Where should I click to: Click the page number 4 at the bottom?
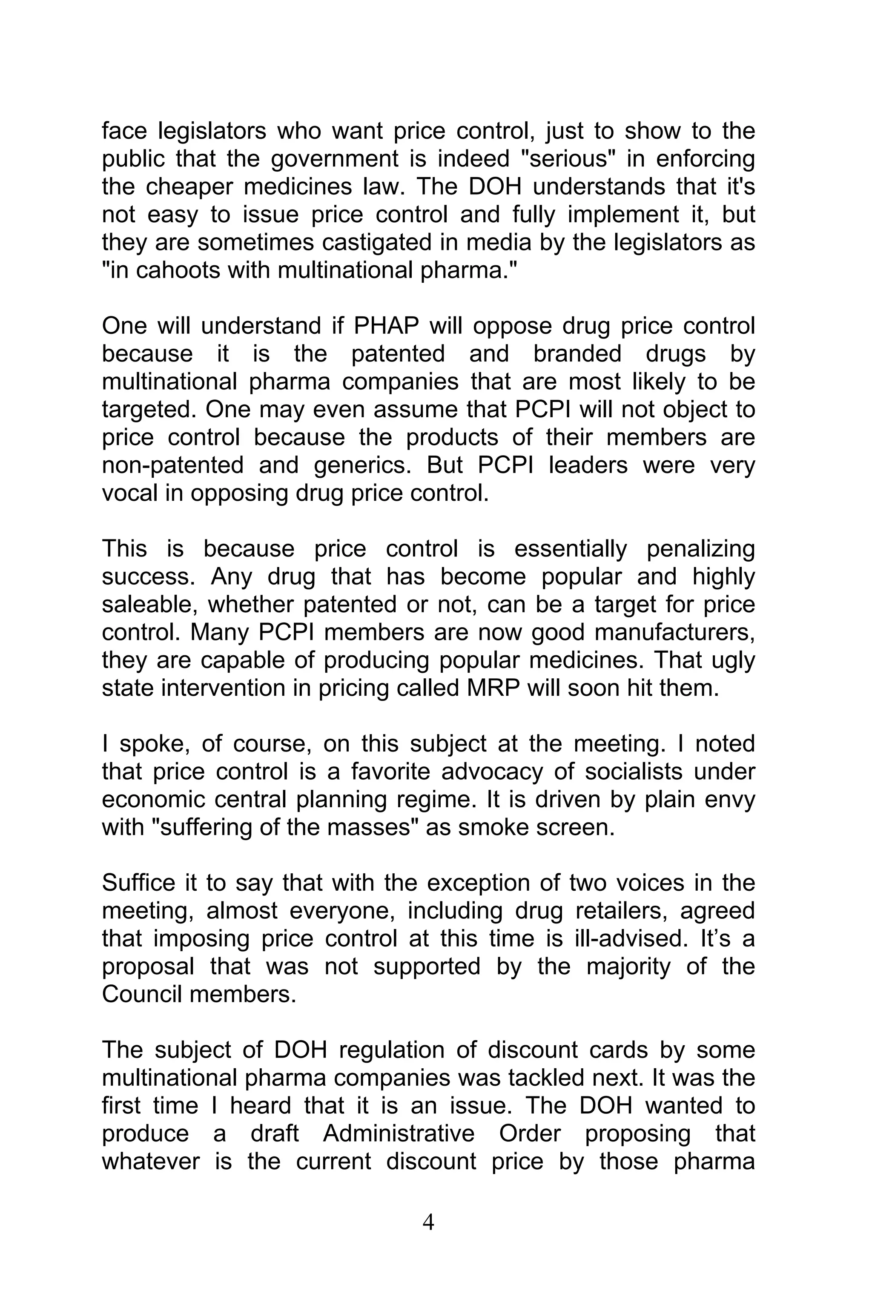(x=428, y=1222)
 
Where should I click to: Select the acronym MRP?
(x=491, y=688)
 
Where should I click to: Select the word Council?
(x=142, y=994)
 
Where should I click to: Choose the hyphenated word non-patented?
(x=173, y=465)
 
